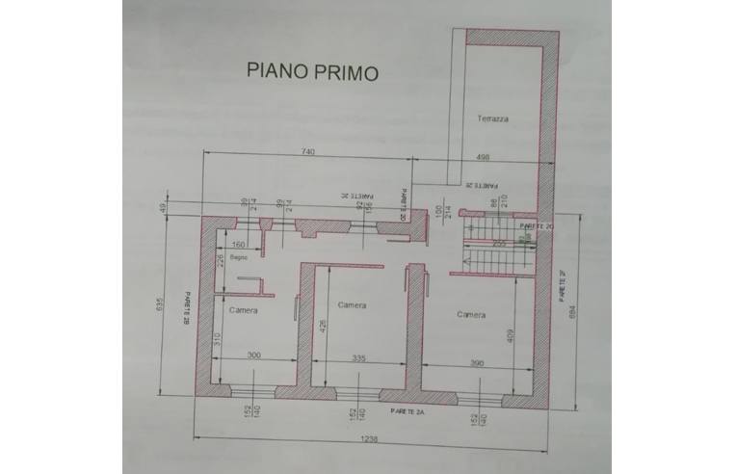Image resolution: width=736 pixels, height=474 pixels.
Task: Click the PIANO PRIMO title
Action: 312,70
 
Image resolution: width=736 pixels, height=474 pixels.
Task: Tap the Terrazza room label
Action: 491,118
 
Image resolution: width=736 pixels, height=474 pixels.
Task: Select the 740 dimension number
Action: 307,152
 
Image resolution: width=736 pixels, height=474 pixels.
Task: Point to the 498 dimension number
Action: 485,158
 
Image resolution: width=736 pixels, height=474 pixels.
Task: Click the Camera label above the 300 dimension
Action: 243,310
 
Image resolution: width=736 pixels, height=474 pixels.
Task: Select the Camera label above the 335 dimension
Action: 352,305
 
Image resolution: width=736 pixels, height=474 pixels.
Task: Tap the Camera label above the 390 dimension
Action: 471,314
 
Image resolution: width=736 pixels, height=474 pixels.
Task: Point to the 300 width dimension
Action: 253,355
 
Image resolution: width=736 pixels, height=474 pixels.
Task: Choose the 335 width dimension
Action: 359,357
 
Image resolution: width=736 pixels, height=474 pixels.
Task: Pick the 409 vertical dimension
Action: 509,335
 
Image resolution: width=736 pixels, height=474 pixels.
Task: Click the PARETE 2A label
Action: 409,409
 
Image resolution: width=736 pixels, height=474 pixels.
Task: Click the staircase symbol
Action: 488,245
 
